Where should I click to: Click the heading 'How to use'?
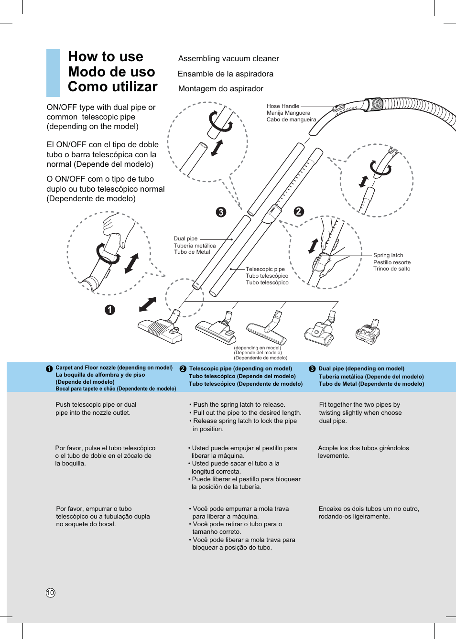point(106,56)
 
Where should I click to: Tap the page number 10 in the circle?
point(51,593)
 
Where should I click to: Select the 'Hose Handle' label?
point(283,106)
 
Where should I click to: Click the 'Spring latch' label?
point(388,255)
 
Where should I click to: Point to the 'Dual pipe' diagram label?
point(185,238)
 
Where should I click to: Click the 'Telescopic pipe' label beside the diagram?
point(265,269)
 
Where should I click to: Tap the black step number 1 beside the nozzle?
point(110,310)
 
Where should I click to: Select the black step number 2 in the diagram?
point(299,211)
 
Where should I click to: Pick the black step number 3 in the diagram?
point(221,212)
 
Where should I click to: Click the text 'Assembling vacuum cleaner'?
point(228,58)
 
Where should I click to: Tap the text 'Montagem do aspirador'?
point(221,88)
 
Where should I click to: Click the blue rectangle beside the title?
point(53,73)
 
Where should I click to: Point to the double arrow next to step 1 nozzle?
point(148,304)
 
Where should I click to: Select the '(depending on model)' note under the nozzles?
point(258,348)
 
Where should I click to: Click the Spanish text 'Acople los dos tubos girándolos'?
point(363,448)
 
